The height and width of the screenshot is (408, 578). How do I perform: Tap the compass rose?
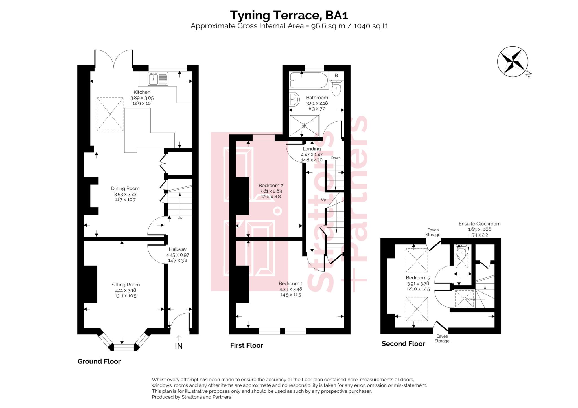tap(513, 61)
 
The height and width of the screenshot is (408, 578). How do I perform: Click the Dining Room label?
tap(125, 188)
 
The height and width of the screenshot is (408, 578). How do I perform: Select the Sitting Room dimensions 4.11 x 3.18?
tap(125, 290)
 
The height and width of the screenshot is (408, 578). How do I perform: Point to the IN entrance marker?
tap(179, 346)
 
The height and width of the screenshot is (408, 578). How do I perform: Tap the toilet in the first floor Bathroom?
tap(336, 88)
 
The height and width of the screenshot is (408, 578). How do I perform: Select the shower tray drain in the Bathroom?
tap(304, 125)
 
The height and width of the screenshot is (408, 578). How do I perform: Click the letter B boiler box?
tap(336, 75)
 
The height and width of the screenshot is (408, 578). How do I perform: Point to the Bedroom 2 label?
tap(271, 185)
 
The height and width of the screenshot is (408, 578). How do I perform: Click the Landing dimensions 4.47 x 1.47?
tap(312, 155)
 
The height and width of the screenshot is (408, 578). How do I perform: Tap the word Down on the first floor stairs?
tap(336, 158)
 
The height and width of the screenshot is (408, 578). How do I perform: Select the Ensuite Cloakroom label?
tap(479, 224)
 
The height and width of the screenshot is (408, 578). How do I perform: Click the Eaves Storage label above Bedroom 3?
tap(433, 232)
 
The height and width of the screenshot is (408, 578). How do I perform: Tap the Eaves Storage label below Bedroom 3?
tap(442, 338)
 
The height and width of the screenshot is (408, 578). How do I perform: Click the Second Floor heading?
tap(403, 344)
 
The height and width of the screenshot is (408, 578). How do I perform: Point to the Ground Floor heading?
tap(99, 361)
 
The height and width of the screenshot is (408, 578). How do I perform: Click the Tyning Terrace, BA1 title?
tap(289, 15)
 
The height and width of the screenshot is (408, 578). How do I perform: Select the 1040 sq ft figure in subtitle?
tap(370, 26)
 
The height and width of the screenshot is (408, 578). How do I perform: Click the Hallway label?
tap(178, 249)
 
